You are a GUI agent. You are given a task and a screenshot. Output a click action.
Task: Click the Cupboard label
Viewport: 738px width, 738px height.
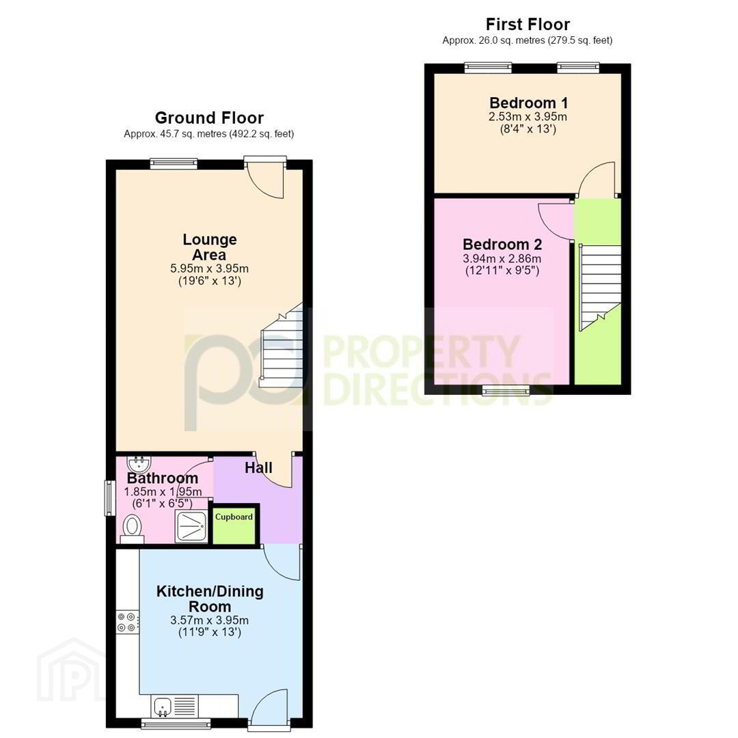234,517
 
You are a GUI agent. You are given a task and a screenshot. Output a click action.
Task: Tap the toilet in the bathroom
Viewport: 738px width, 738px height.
132,529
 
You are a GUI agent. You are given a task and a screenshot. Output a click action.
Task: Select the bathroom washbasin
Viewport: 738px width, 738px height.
139,464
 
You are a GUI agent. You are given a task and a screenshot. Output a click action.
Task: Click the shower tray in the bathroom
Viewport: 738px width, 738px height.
191,526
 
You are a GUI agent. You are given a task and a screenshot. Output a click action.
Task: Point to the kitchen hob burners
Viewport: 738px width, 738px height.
128,622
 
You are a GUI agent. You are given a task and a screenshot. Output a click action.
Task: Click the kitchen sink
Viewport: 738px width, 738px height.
163,705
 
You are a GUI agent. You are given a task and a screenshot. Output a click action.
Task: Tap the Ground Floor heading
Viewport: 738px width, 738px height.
209,118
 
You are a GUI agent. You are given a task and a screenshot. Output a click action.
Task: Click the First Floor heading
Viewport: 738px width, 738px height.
528,24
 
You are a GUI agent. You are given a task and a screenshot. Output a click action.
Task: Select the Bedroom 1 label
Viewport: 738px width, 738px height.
528,102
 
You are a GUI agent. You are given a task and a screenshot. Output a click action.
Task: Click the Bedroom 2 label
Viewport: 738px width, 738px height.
502,244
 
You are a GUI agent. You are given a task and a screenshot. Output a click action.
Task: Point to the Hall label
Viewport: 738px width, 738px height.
258,467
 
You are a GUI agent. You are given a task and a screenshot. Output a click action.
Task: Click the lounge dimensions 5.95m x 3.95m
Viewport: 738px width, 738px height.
210,269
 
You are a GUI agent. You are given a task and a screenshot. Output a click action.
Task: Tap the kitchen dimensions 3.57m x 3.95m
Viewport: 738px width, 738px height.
210,620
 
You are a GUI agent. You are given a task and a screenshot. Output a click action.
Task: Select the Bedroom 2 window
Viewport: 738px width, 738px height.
506,389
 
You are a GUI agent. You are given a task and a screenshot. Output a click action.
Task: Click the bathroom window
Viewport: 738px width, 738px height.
110,498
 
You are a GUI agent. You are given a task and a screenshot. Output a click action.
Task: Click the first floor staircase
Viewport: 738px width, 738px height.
600,287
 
